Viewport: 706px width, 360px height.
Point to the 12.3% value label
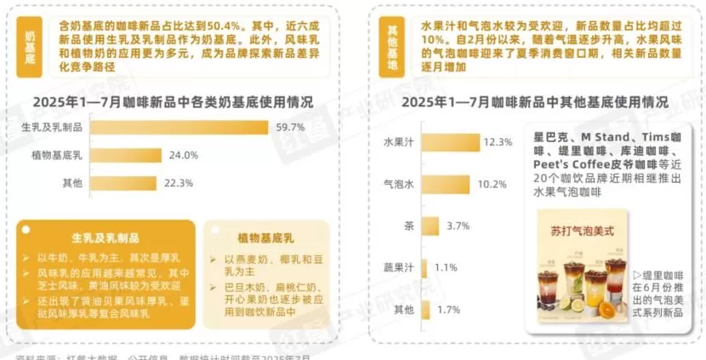click(497, 141)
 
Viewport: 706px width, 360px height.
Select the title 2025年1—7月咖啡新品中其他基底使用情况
click(534, 102)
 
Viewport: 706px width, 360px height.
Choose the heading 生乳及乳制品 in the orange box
click(105, 238)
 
